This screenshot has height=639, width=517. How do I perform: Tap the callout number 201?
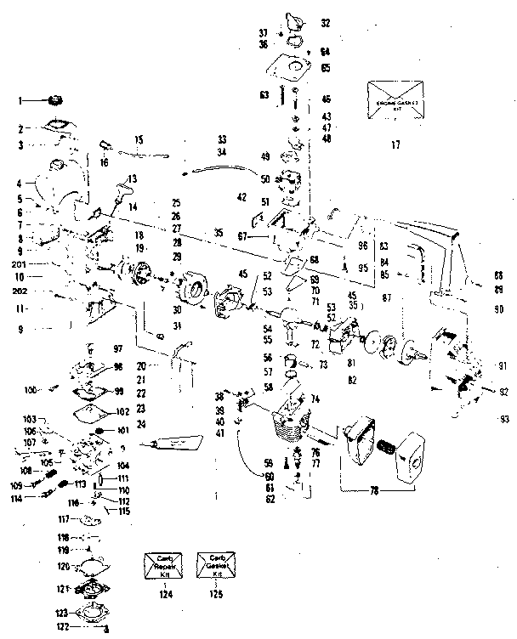(x=19, y=265)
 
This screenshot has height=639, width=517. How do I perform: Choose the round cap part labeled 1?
(x=59, y=100)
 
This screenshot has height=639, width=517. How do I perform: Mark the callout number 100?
(x=31, y=389)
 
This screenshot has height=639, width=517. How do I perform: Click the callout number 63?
(x=264, y=93)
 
